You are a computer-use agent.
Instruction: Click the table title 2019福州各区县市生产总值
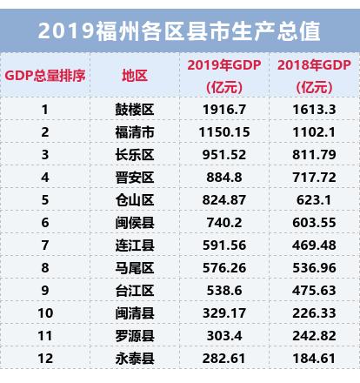tap(180, 31)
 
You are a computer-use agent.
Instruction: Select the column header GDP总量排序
tap(45, 76)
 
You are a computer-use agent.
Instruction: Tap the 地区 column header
tap(135, 76)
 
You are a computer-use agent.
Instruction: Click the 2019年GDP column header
tap(223, 76)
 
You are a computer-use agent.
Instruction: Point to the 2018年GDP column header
tap(314, 76)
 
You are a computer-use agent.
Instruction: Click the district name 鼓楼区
tap(135, 110)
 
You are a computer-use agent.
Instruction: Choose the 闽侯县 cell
tap(135, 222)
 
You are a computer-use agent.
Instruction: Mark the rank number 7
tap(45, 245)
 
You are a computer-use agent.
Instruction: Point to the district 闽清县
tap(135, 312)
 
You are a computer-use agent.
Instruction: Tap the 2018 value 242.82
tap(314, 335)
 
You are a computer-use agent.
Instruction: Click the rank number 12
tap(45, 357)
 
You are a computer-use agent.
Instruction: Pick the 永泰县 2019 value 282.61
tap(223, 357)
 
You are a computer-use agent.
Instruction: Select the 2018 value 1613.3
tap(314, 110)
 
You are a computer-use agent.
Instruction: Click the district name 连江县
tap(135, 245)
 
